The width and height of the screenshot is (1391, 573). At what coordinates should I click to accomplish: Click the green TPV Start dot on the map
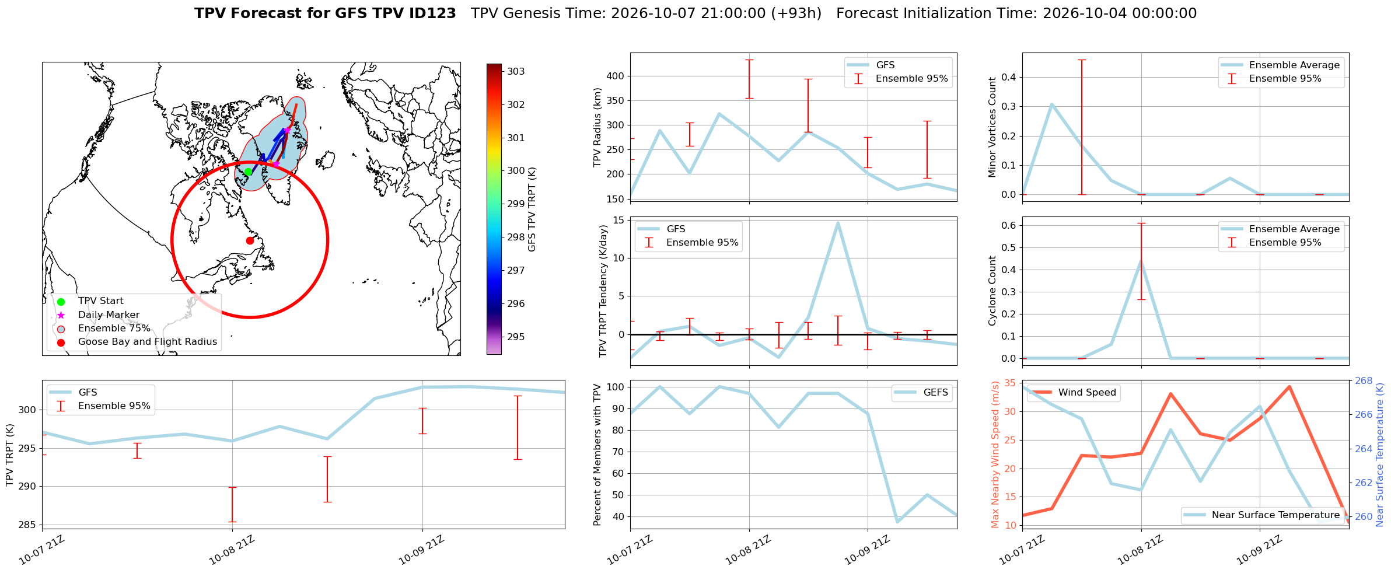(x=248, y=172)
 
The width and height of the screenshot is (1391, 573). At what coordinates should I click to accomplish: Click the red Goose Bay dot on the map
(x=250, y=240)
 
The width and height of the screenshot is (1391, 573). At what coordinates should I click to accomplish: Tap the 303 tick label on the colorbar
(x=516, y=72)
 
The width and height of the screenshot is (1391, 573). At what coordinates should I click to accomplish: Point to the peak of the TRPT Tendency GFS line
(x=838, y=222)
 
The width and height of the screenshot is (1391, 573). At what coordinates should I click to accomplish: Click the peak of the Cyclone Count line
(x=1141, y=260)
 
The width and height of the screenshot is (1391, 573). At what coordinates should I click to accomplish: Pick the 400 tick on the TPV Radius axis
(x=616, y=76)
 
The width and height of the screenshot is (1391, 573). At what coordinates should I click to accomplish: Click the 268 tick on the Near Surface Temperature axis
(x=1364, y=381)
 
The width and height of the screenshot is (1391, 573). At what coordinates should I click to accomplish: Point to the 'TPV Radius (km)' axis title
(x=597, y=127)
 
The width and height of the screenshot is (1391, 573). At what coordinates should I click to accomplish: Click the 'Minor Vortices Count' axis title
(x=992, y=127)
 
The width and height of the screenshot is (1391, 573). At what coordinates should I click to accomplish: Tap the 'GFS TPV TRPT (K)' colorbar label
(x=532, y=209)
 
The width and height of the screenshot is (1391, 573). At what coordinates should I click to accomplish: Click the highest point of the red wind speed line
(x=1289, y=386)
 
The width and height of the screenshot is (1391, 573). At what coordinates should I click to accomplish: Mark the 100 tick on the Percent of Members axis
(x=616, y=387)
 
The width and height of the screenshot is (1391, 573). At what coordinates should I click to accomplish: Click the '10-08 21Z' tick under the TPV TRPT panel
(x=232, y=550)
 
